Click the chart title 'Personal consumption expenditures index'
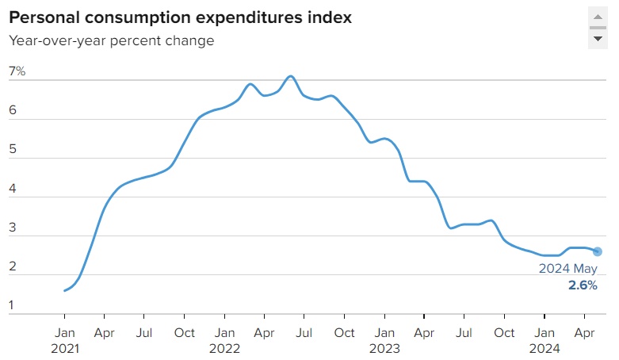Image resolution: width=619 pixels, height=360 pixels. pos(181,17)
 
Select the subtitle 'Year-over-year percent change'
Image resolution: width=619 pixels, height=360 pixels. pos(112,40)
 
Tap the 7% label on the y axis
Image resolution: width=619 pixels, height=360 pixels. pos(17,71)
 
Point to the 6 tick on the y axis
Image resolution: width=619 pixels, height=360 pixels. pos(13,111)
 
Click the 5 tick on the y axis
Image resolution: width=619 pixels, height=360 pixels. pos(13,150)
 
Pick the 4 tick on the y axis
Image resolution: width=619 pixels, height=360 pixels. pos(13,189)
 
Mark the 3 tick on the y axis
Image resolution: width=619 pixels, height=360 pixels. pos(13,228)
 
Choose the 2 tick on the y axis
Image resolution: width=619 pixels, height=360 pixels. pos(13,266)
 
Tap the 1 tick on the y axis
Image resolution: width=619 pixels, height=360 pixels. pos(13,305)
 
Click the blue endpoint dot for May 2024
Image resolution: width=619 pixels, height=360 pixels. pos(597,251)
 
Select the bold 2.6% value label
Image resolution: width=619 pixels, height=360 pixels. pos(583,285)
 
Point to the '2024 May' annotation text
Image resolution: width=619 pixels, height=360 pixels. pos(568,269)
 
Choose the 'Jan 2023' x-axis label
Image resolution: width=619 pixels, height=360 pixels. pos(384,340)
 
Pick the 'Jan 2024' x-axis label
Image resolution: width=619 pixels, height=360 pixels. pos(544,340)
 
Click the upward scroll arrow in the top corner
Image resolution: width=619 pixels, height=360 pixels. pos(598,16)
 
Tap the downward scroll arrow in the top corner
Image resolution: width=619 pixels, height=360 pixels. pos(598,38)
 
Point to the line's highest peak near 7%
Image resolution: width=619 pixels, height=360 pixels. pos(291,76)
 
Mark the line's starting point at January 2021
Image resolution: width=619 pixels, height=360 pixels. pos(64,290)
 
